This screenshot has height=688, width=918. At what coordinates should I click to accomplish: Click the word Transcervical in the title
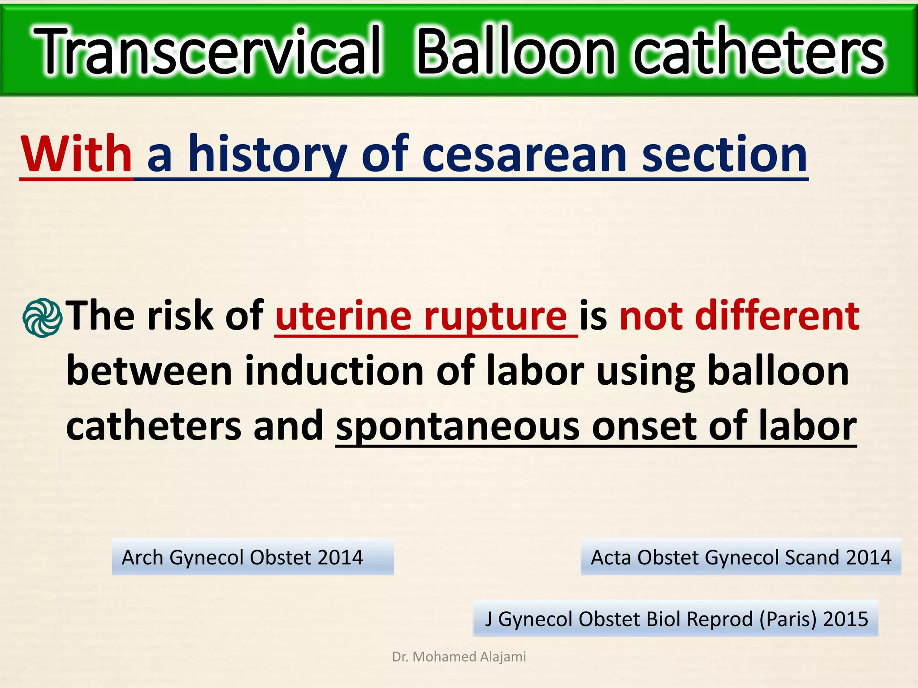coord(207,52)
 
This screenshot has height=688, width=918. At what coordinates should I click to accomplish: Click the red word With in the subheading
coord(76,155)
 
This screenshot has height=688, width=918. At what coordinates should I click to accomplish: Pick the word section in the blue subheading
coord(724,155)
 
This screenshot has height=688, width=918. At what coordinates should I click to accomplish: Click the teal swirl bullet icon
coord(42,318)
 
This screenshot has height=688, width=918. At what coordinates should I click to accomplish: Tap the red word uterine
coord(343,316)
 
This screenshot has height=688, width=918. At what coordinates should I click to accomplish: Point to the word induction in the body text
coord(333,371)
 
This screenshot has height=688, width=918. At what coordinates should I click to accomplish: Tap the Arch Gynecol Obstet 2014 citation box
coord(252,557)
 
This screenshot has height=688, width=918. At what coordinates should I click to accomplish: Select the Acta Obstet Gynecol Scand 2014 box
coord(740,557)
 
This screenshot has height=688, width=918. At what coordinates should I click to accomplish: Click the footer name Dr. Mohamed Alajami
coord(459,657)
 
